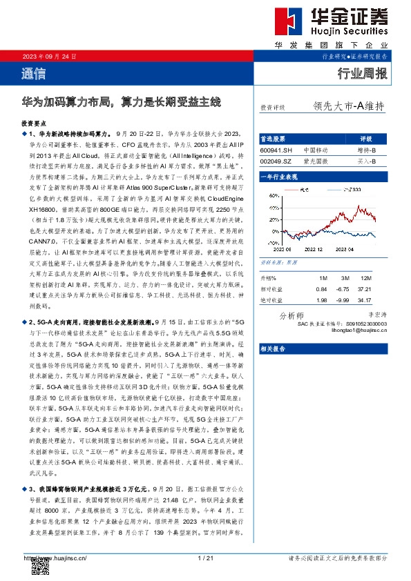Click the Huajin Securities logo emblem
[x=275, y=21]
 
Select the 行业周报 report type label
[x=363, y=72]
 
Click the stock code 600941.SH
[x=276, y=150]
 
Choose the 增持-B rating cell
[x=366, y=150]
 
